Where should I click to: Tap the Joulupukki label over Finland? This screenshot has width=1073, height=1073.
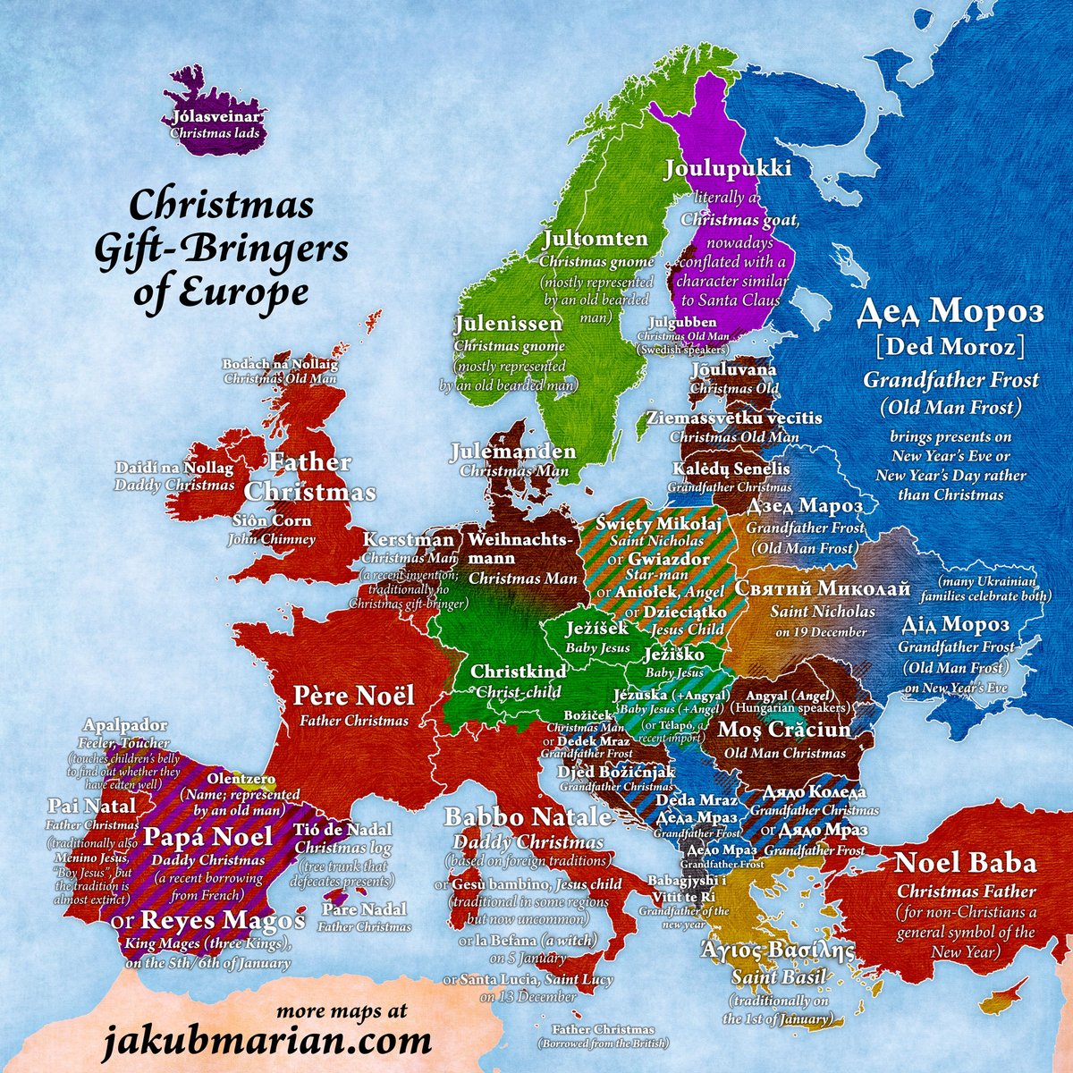[x=728, y=169]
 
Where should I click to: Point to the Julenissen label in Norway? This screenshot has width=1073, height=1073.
[x=508, y=324]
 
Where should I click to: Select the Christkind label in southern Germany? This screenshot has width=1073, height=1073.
[x=519, y=672]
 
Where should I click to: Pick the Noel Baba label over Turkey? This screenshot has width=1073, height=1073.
[x=966, y=864]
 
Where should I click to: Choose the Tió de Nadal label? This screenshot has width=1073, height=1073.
[x=342, y=829]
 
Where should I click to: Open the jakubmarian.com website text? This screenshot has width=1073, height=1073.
[x=266, y=1043]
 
